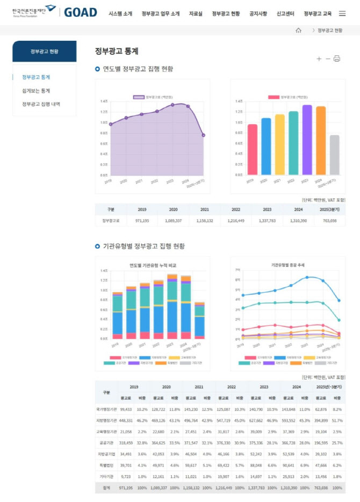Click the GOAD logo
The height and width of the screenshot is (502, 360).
point(81,12)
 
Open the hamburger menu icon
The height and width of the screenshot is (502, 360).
point(342,13)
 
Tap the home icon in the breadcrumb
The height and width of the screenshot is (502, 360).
point(298,31)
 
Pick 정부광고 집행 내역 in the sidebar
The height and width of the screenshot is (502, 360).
point(41,104)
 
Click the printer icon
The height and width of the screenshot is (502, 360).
point(337,59)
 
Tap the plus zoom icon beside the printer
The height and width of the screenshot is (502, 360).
point(319,59)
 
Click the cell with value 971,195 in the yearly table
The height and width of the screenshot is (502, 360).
point(142,221)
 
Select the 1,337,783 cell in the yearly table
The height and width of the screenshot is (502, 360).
point(267,221)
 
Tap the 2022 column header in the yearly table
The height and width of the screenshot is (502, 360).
point(236,209)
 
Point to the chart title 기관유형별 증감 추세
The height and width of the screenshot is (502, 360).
point(287,265)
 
